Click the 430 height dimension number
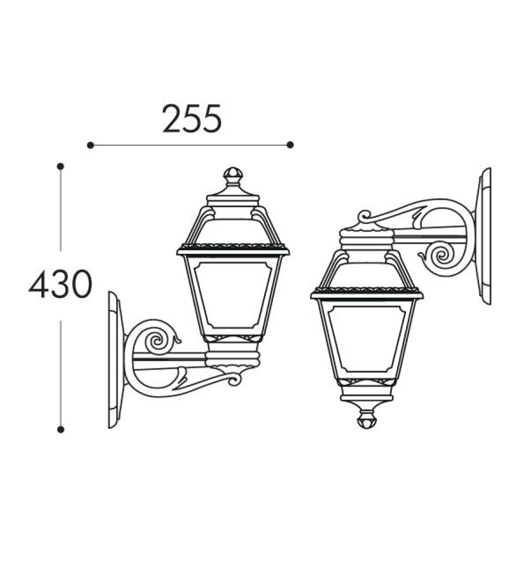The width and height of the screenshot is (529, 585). (60, 284)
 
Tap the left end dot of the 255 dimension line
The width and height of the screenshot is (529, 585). (90, 144)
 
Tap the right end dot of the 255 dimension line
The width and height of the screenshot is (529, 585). (291, 144)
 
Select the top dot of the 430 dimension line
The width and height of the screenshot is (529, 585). (60, 166)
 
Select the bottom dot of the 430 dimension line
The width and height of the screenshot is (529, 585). (60, 429)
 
